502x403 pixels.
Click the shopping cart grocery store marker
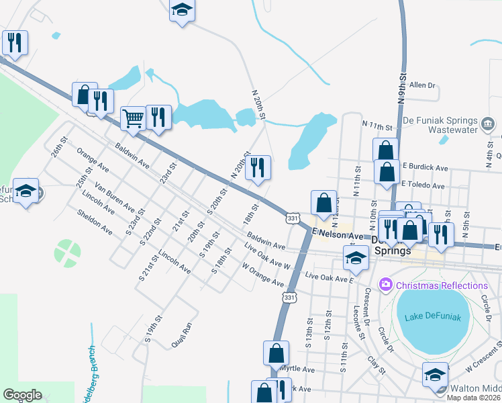tap(134, 119)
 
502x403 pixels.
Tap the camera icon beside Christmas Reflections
tap(385, 285)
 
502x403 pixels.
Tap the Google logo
tap(22, 395)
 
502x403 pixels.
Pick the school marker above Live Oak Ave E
tap(355, 257)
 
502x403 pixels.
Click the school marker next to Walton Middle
tap(435, 373)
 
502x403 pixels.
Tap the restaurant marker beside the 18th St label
tap(258, 168)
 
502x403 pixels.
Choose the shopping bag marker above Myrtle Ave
tap(277, 352)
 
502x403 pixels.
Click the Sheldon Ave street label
tap(97, 222)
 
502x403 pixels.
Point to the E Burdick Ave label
tap(425, 167)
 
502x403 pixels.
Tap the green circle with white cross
tap(67, 253)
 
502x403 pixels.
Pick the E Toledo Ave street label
tap(423, 185)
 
